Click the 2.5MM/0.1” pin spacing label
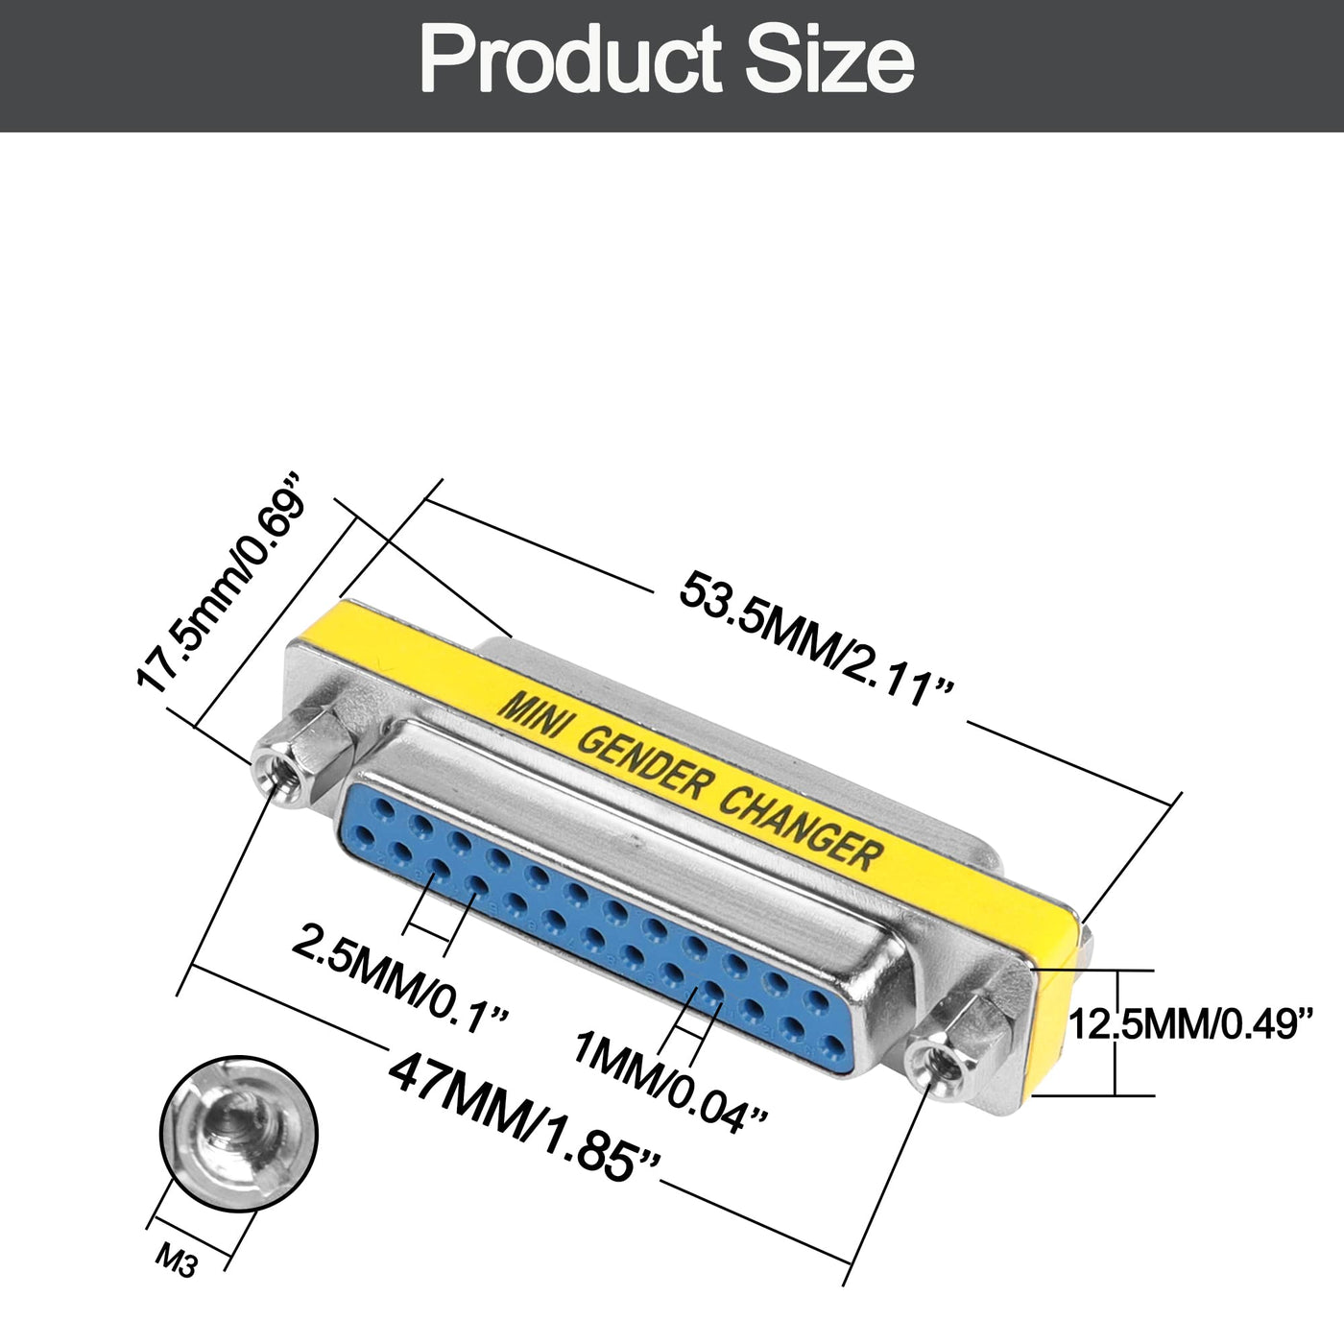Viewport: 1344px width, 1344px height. tap(400, 976)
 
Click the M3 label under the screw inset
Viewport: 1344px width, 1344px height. tap(177, 1260)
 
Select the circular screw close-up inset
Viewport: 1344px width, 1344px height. tap(238, 1135)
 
